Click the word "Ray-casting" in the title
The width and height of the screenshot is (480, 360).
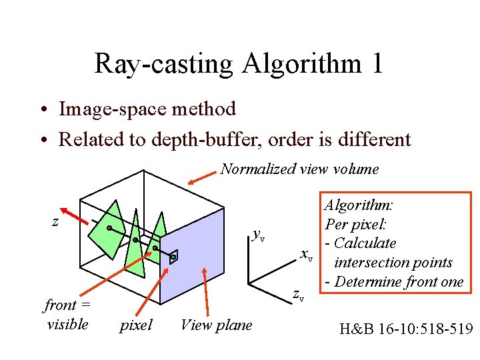pos(163,64)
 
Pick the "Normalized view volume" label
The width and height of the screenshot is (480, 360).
pos(299,169)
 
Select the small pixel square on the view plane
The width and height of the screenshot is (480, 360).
pos(173,257)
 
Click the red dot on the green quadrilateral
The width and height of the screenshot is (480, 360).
pos(109,228)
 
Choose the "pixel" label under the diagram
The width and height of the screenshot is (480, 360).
pos(135,325)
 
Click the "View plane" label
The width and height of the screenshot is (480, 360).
pos(216,325)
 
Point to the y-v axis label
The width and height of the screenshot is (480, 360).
pos(259,234)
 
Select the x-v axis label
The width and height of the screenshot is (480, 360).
pos(307,255)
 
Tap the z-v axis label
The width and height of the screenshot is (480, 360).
pos(299,295)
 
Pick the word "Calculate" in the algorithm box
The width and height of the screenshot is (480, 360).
pos(365,243)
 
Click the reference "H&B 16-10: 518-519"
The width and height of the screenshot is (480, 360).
pos(405,328)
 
